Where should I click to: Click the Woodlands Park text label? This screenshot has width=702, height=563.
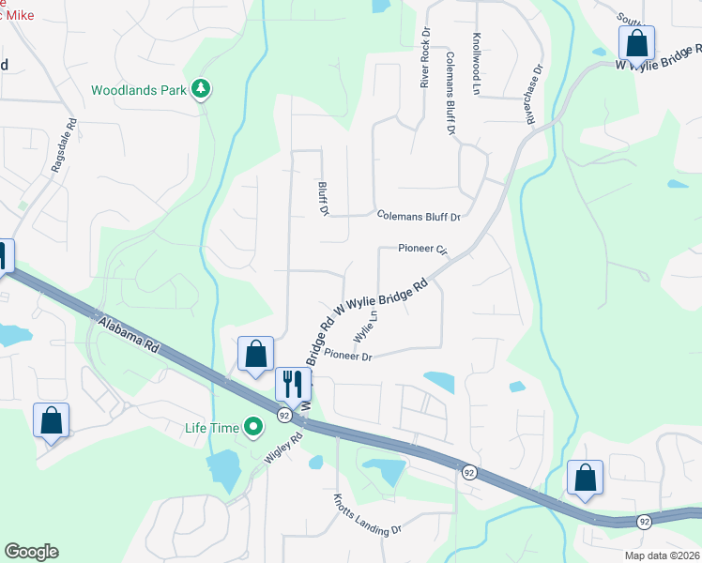click(x=138, y=90)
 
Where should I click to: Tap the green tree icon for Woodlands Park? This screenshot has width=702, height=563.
click(x=201, y=89)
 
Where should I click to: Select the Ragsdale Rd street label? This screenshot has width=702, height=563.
click(x=63, y=149)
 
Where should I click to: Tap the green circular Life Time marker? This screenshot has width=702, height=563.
click(x=252, y=428)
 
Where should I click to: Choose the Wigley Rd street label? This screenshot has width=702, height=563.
click(x=284, y=449)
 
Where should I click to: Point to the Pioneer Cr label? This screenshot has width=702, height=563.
click(x=423, y=249)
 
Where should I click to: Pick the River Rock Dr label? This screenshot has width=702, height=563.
click(x=425, y=57)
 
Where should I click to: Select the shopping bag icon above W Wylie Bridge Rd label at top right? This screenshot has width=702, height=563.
click(x=636, y=42)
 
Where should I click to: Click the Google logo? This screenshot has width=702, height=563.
click(x=31, y=552)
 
